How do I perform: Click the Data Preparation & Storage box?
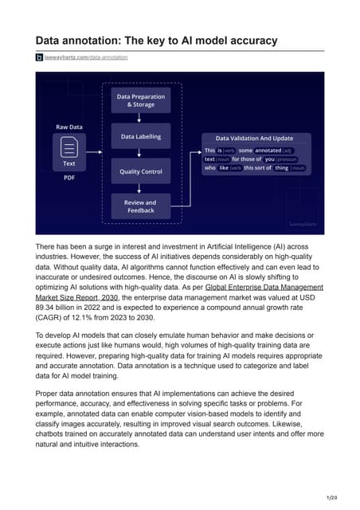pyautogui.click(x=141, y=100)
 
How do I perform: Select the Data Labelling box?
pyautogui.click(x=141, y=136)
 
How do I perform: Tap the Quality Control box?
pyautogui.click(x=141, y=171)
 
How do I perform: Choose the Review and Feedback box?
pyautogui.click(x=141, y=206)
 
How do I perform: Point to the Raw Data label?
pyautogui.click(x=69, y=126)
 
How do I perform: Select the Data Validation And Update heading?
pyautogui.click(x=248, y=138)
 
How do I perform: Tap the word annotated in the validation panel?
pyautogui.click(x=268, y=150)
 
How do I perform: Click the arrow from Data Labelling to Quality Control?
pyautogui.click(x=141, y=154)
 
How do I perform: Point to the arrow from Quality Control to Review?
pyautogui.click(x=141, y=188)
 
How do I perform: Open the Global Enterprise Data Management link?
pyautogui.click(x=264, y=285)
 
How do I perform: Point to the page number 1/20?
pyautogui.click(x=343, y=498)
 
